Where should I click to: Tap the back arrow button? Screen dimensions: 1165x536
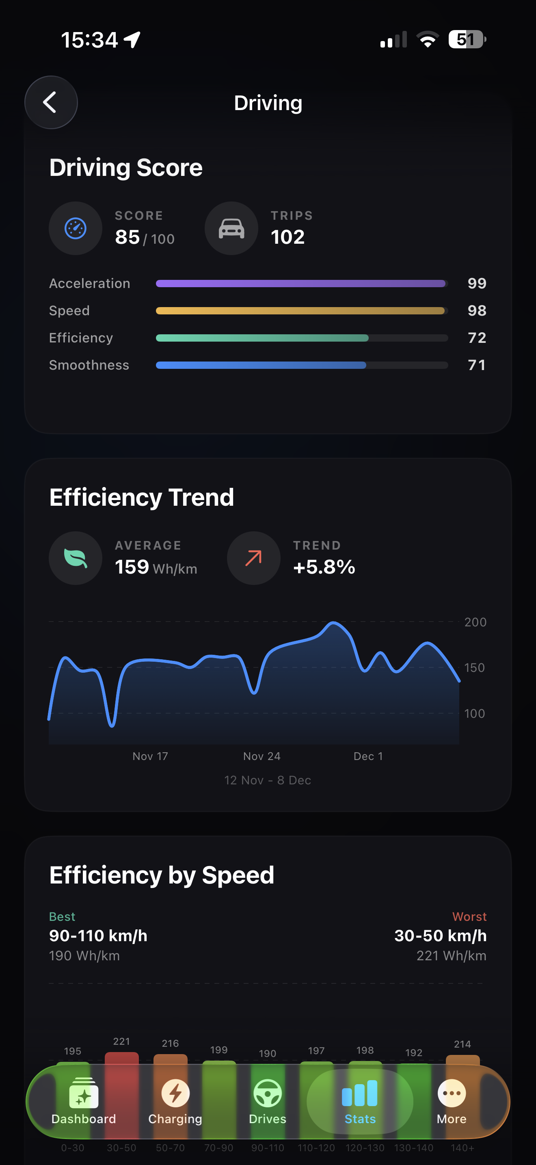click(51, 103)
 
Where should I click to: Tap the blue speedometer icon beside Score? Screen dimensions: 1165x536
click(76, 228)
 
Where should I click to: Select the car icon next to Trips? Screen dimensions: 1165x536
click(231, 228)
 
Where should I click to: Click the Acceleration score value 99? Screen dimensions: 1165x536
click(477, 284)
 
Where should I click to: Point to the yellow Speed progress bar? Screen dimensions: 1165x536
click(300, 311)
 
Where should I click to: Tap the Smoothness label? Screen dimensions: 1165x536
click(89, 365)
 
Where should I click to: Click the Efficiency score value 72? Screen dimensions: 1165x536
click(477, 338)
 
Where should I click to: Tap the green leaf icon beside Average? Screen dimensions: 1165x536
click(76, 558)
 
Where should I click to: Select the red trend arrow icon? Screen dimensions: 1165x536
click(253, 558)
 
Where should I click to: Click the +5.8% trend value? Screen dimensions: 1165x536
click(324, 567)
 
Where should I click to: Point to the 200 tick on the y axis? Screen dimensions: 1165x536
click(475, 622)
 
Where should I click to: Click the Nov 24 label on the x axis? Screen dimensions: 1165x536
click(262, 756)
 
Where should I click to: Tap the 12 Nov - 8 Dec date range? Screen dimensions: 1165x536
click(268, 780)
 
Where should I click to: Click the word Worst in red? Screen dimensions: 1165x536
click(469, 917)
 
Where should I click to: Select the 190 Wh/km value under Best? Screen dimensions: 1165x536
click(84, 956)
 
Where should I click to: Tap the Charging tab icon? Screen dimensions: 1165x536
click(175, 1094)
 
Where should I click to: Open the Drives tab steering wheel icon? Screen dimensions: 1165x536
click(268, 1094)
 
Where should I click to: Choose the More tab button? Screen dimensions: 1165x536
click(452, 1102)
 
